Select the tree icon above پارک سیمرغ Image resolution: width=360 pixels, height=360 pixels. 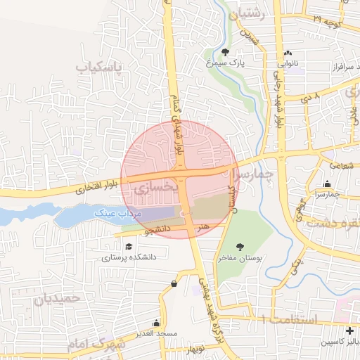tap(225, 52)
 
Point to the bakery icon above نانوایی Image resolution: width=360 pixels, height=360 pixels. tap(287, 53)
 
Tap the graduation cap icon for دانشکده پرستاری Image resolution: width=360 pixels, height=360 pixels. tap(129, 247)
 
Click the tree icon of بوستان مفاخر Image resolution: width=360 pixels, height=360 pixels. tap(240, 247)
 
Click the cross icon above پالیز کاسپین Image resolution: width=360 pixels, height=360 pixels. tap(349, 330)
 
